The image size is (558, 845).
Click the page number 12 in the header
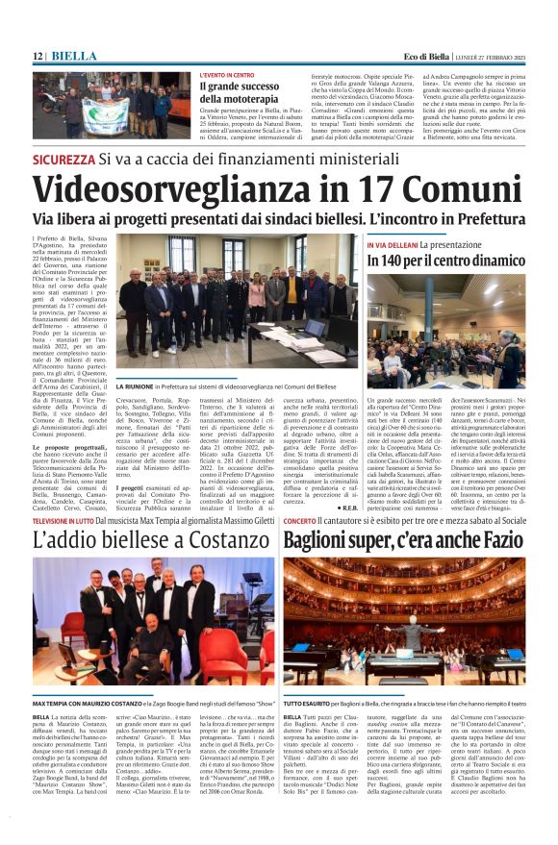pyautogui.click(x=38, y=57)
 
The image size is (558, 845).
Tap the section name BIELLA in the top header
pyautogui.click(x=68, y=57)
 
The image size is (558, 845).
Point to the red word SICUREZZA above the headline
pyautogui.click(x=63, y=160)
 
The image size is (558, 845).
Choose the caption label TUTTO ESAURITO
pyautogui.click(x=310, y=704)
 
